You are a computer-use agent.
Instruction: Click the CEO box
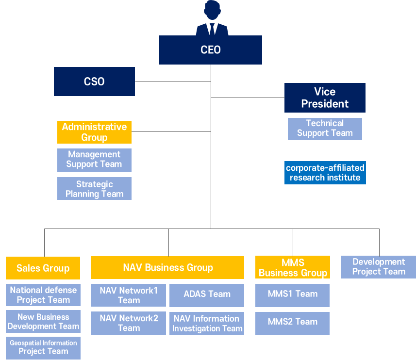[x=210, y=50]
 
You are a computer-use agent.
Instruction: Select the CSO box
[x=94, y=82]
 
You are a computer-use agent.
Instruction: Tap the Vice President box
[x=325, y=98]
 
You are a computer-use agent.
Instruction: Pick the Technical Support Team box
[x=325, y=129]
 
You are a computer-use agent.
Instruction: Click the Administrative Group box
[x=94, y=132]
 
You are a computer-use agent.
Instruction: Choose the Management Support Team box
[x=94, y=160]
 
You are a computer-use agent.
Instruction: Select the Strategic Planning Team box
[x=94, y=189]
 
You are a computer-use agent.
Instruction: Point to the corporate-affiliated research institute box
[x=325, y=173]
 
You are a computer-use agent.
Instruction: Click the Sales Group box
[x=43, y=268]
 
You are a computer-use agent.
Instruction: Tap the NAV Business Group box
[x=167, y=268]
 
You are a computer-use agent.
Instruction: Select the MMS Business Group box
[x=293, y=267]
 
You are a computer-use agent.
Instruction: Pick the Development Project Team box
[x=379, y=267]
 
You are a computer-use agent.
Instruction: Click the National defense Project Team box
[x=43, y=295]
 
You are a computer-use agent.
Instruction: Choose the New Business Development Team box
[x=43, y=322]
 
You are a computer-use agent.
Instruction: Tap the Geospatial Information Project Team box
[x=43, y=348]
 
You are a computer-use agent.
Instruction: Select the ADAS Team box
[x=207, y=295]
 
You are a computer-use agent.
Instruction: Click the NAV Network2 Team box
[x=129, y=323]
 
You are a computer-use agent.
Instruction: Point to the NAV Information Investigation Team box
[x=207, y=323]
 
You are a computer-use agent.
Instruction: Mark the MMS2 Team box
[x=293, y=323]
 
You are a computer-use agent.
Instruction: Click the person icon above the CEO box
[x=212, y=18]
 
